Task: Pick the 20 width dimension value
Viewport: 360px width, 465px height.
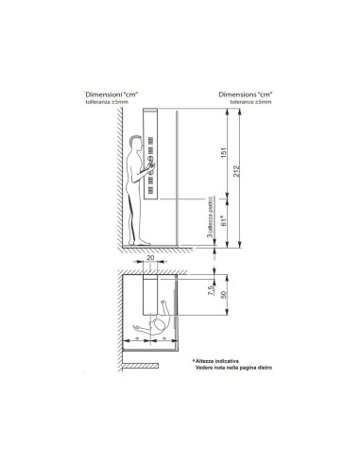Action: point(149,258)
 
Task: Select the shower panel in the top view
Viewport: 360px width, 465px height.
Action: point(147,301)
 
